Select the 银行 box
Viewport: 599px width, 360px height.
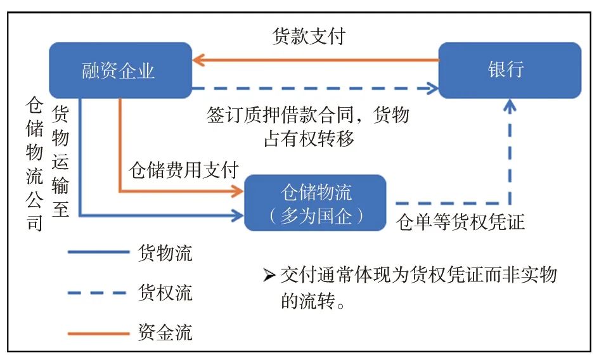tap(509, 70)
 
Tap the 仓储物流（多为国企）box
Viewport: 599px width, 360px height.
tap(315, 203)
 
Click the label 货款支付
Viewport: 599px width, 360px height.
tap(309, 37)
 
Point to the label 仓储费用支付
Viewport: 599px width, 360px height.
tap(183, 170)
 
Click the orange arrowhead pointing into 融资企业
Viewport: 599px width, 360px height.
tap(198, 61)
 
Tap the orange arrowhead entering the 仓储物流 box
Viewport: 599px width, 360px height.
tap(238, 190)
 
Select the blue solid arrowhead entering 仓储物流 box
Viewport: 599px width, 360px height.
tap(238, 216)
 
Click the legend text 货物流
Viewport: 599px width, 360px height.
tap(165, 254)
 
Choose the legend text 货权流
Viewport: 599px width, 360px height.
tap(165, 293)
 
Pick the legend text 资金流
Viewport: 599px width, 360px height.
tap(165, 331)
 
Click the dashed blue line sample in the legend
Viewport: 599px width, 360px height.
tap(98, 293)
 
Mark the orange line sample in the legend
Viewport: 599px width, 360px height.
tap(98, 332)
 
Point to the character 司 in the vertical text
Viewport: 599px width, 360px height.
tap(34, 224)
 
